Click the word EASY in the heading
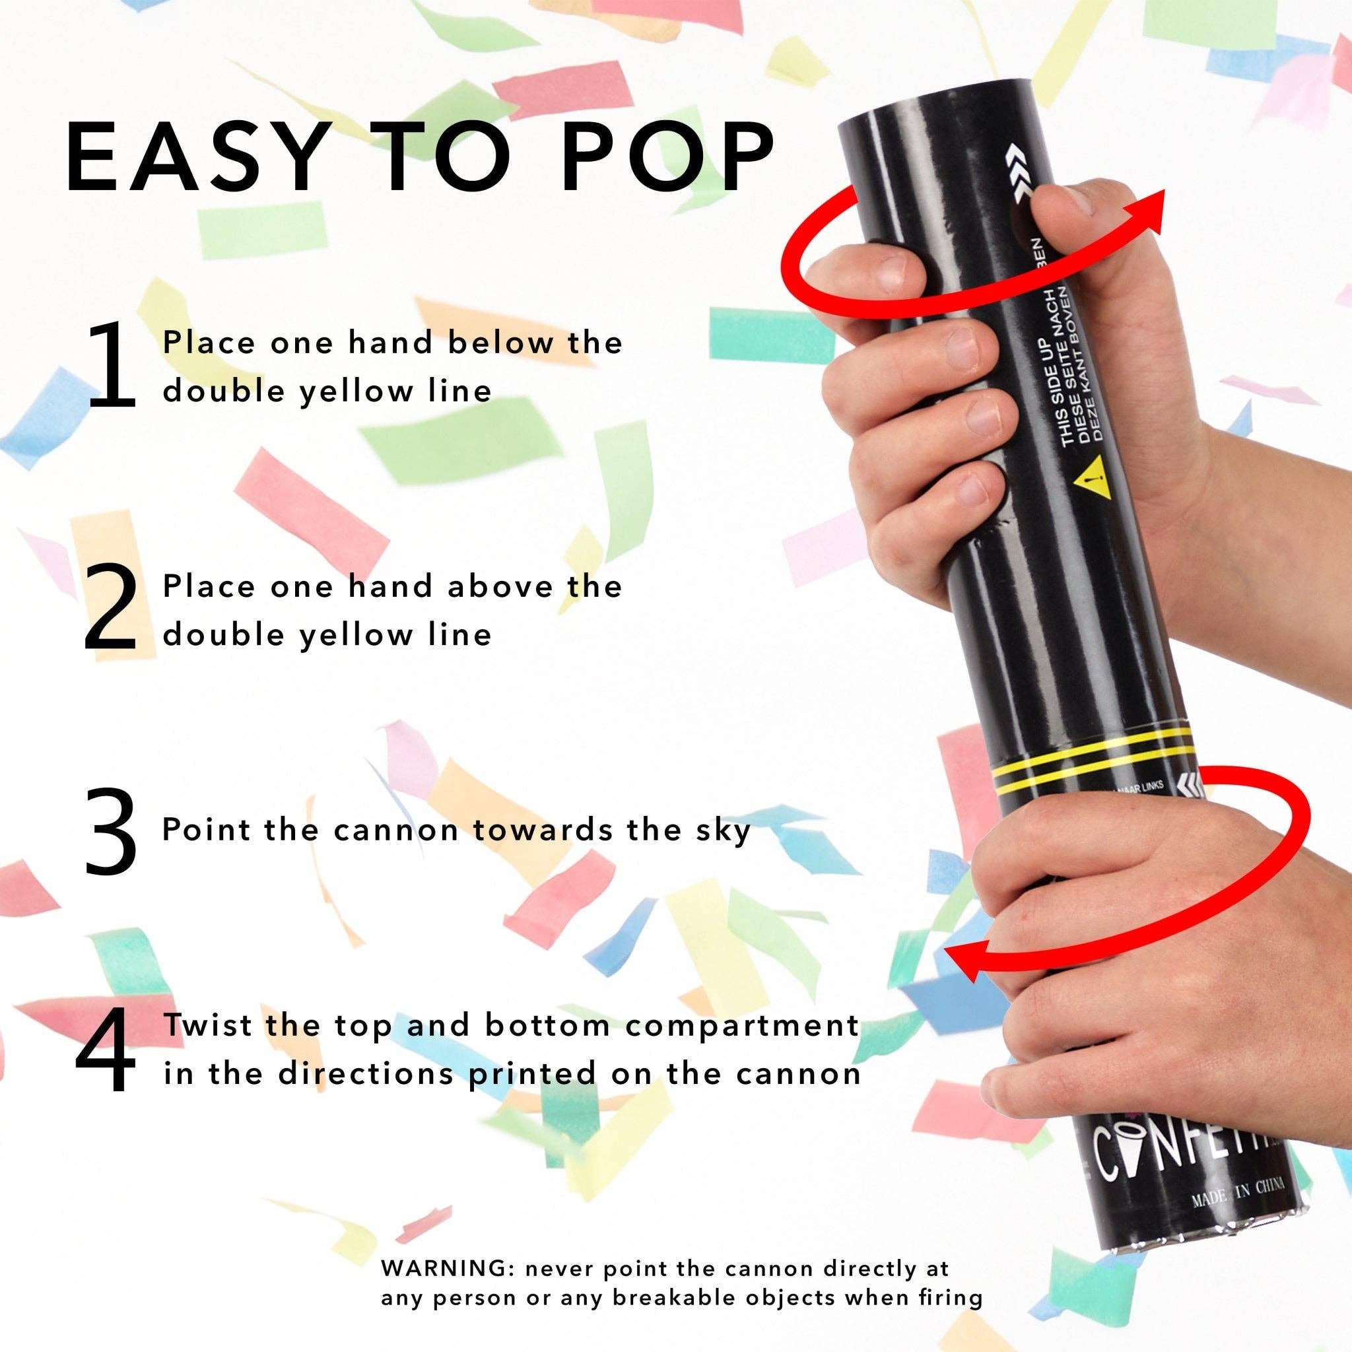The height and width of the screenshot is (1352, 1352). click(194, 158)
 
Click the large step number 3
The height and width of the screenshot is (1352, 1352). click(110, 831)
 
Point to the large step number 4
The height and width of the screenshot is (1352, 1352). click(106, 1050)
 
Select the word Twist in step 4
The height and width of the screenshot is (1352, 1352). click(208, 1026)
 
